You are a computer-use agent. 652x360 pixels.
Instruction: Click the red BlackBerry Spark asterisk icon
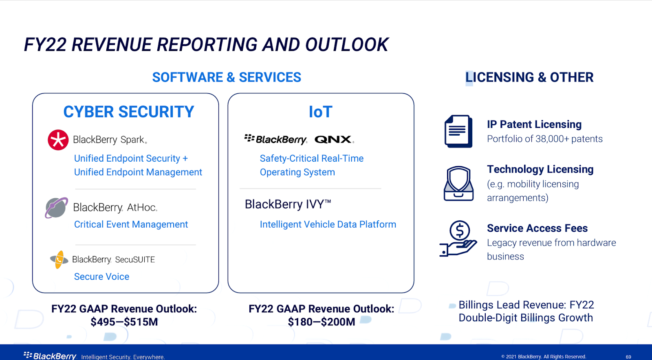tap(58, 140)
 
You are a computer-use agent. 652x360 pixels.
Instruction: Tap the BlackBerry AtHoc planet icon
tap(57, 208)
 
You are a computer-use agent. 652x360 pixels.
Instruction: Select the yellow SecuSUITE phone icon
tap(59, 259)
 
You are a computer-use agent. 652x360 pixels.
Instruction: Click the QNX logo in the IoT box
tap(334, 140)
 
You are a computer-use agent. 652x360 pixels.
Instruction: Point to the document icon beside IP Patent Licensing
tap(458, 131)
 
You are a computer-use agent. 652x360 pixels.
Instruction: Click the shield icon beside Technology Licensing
tap(458, 184)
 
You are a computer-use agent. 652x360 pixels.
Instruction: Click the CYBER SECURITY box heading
tap(129, 112)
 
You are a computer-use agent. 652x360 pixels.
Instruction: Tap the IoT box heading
tap(320, 112)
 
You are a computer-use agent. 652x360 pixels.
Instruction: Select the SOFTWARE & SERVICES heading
tap(227, 77)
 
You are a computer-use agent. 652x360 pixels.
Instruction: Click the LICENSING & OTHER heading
tap(529, 77)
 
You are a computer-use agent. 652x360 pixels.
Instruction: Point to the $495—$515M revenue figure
tap(124, 322)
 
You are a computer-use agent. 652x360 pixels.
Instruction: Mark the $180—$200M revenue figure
tap(322, 322)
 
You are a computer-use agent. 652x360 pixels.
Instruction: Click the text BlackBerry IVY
tap(288, 204)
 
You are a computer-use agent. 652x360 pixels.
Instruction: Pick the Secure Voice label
tap(101, 277)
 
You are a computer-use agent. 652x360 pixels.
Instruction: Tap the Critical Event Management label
tap(131, 224)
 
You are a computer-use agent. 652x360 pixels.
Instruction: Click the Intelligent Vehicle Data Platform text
tap(328, 224)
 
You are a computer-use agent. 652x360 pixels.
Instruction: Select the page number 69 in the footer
tap(628, 357)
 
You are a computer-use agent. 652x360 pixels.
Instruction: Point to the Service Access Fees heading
tap(537, 228)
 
